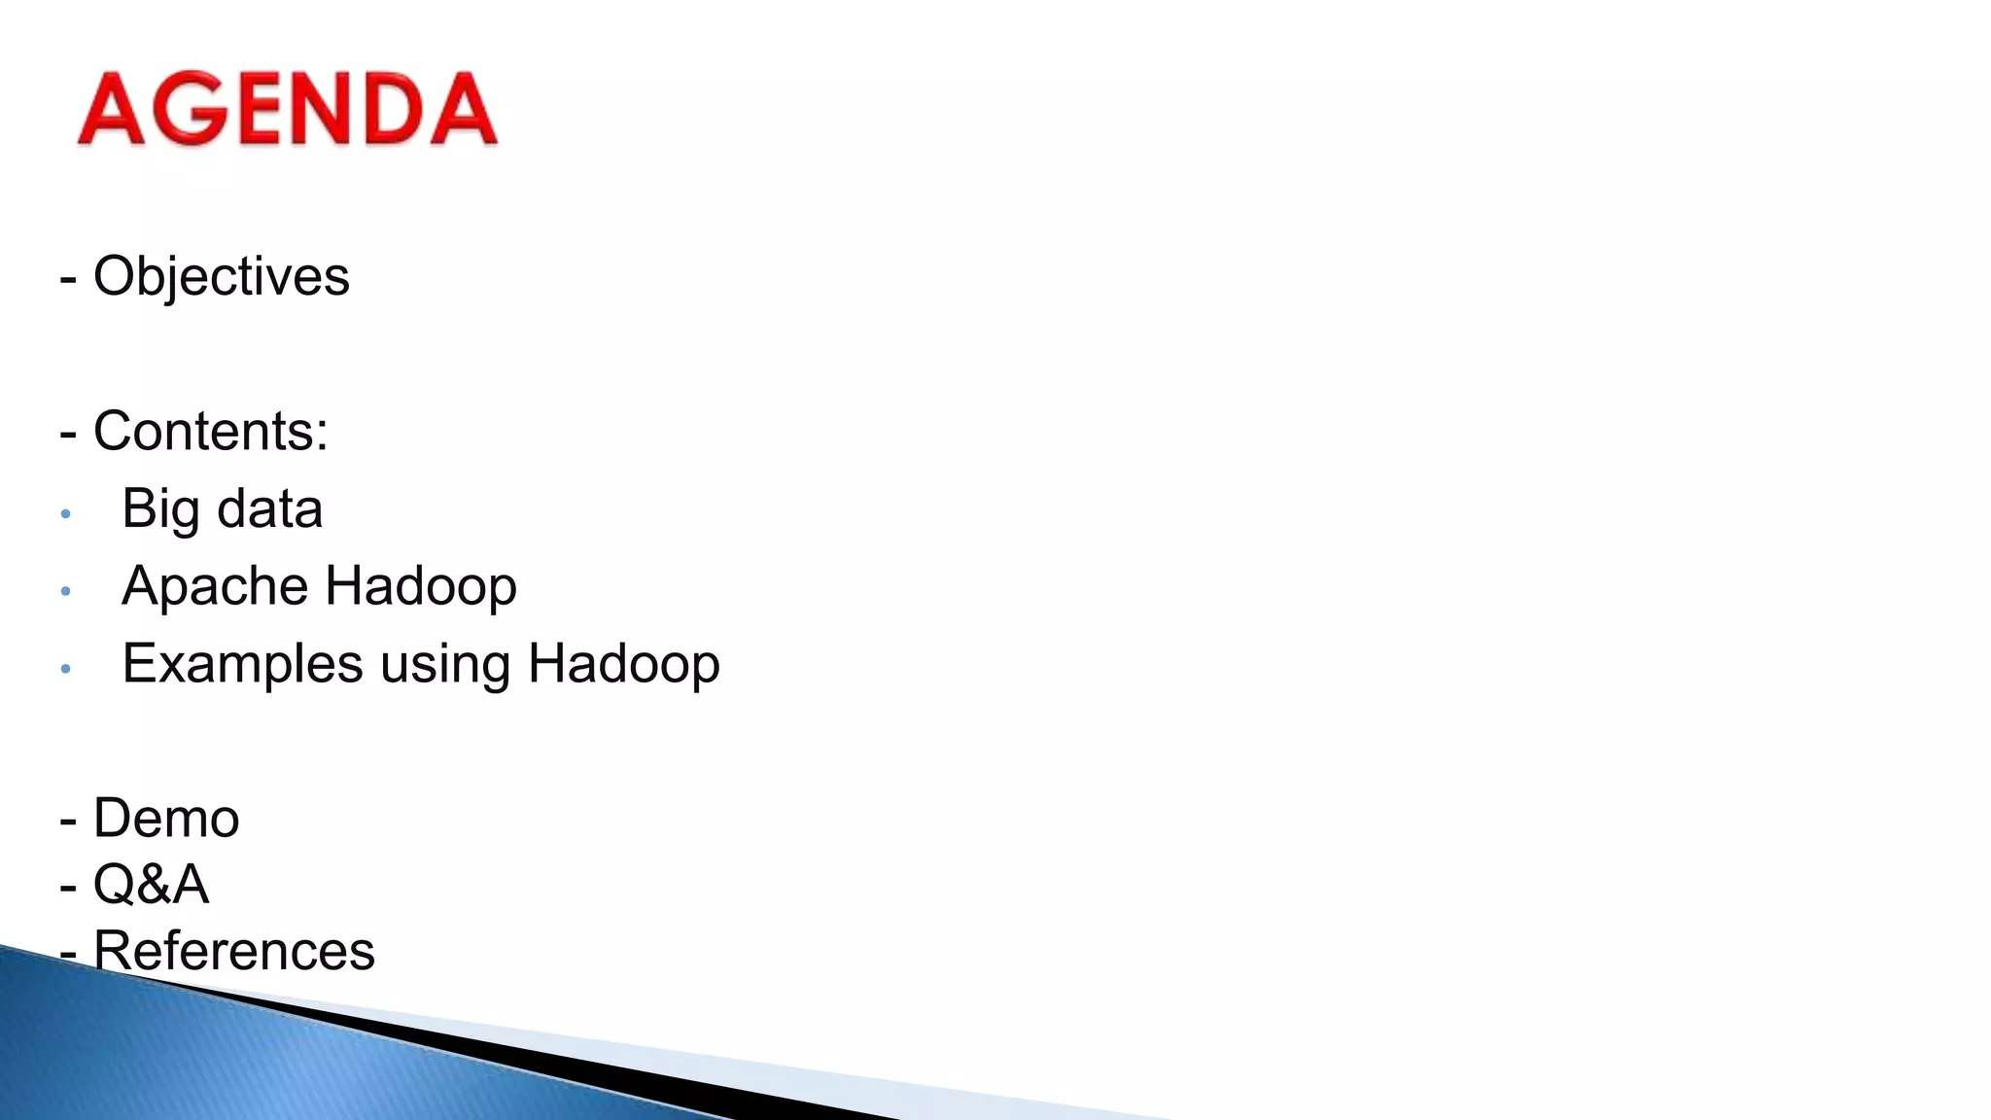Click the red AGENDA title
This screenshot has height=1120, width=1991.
(288, 109)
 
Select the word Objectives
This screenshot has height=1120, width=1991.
(221, 276)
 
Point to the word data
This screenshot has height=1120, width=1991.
(270, 509)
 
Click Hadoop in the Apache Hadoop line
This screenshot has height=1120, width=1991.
(420, 586)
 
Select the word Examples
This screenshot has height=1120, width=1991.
(242, 664)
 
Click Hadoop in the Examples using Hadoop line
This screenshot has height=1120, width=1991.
(623, 664)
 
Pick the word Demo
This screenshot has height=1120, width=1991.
(166, 819)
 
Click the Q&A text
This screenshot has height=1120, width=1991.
(151, 885)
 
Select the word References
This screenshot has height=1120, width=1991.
(233, 951)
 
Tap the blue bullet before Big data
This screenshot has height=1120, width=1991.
(65, 513)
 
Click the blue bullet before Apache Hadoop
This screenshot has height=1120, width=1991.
(65, 591)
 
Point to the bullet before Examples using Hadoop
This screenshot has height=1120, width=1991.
(65, 669)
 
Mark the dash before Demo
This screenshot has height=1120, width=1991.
(68, 822)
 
